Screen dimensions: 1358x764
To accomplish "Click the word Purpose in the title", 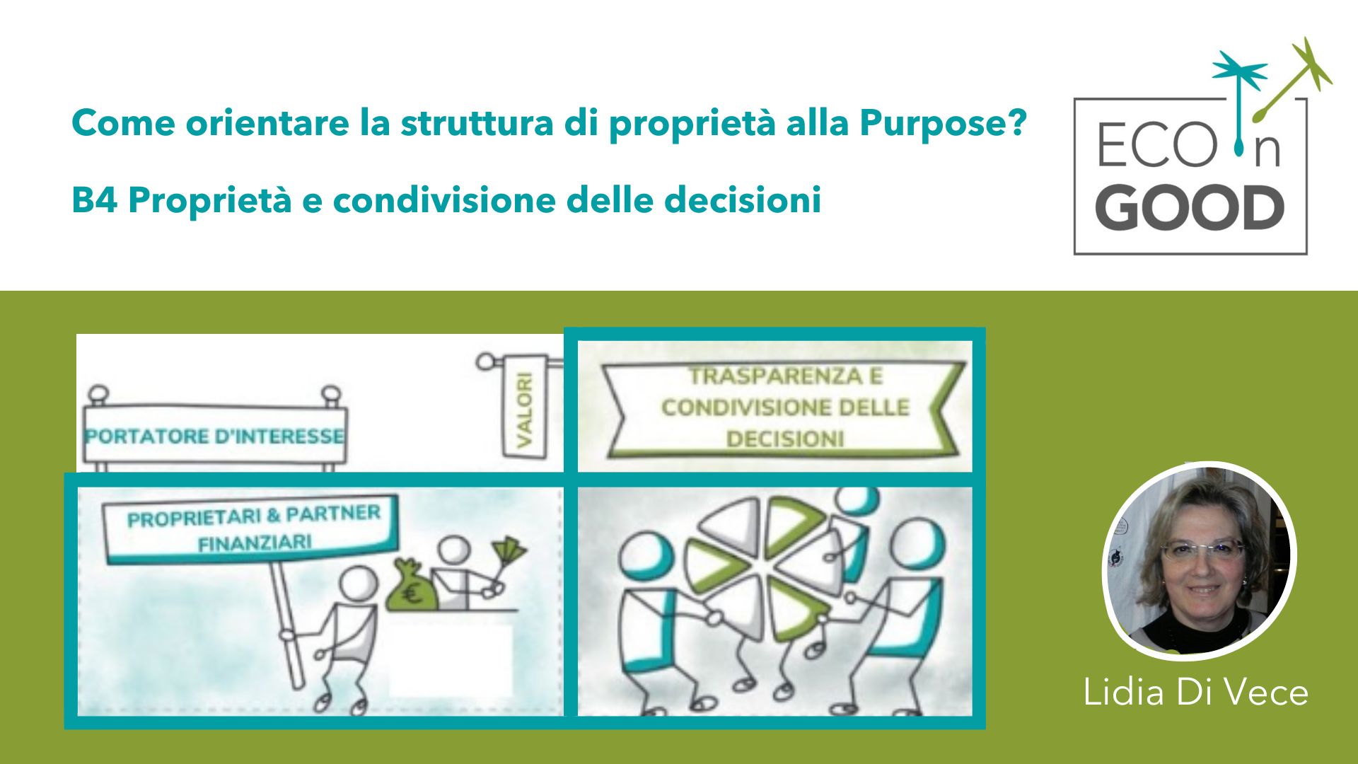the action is [943, 124].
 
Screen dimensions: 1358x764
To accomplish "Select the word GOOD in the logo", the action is [1190, 209].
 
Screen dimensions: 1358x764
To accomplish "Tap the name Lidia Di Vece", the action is [1195, 691].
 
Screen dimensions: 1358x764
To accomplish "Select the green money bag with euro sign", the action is [412, 586].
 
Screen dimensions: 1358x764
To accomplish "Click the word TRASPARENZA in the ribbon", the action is [786, 376].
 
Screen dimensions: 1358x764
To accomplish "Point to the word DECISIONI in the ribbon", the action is [785, 439].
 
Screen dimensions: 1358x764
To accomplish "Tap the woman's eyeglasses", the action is [1202, 549].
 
